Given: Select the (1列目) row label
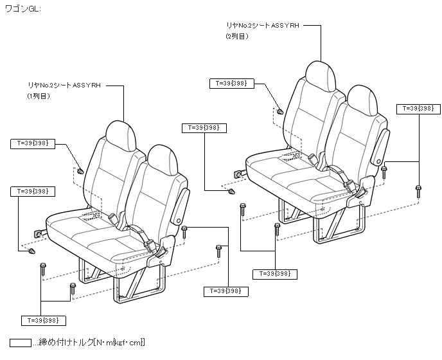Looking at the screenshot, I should (37, 96).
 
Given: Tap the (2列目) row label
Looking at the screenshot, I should (236, 37).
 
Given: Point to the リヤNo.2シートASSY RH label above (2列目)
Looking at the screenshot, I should (263, 25).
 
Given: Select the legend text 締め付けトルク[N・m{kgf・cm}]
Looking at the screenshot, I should (93, 342).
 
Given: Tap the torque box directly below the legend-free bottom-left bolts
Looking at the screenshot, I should (44, 319).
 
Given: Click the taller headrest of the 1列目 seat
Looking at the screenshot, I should (122, 136).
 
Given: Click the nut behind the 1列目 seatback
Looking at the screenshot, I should (80, 172).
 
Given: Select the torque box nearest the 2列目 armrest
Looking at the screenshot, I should (417, 108).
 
